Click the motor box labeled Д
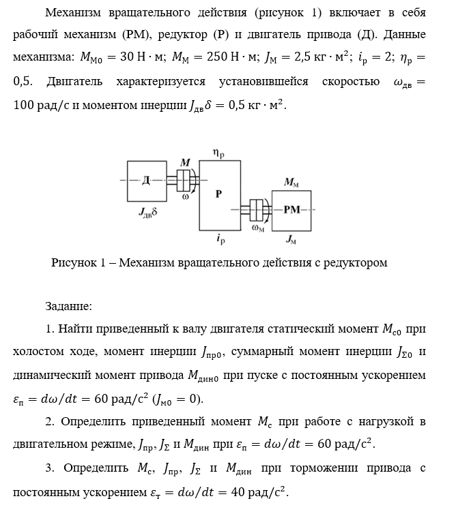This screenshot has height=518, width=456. tap(146, 181)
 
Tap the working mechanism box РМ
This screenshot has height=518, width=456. tap(291, 209)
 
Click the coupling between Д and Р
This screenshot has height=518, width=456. tap(184, 181)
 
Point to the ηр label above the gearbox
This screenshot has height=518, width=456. tap(220, 155)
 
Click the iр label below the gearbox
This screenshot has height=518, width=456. tap(220, 240)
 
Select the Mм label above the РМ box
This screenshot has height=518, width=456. tap(291, 183)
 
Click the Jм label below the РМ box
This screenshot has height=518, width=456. tap(291, 239)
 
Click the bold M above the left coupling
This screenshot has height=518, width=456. tap(186, 162)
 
